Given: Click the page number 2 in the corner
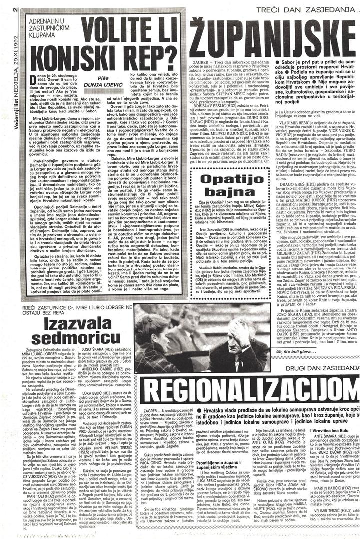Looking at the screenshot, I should pos(4,9).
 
